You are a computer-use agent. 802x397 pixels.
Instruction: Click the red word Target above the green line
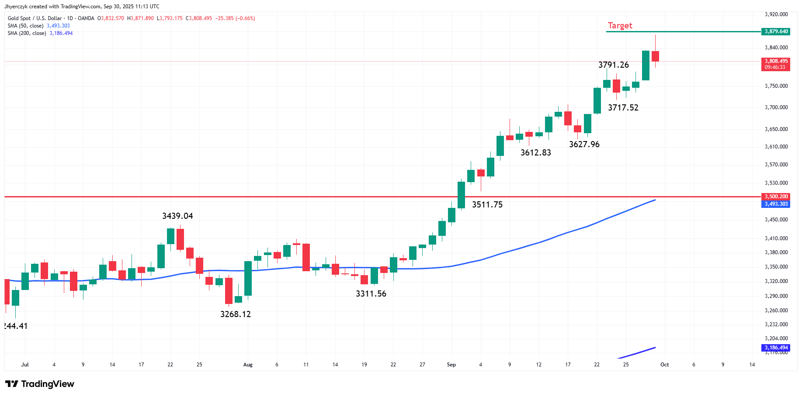[620, 26]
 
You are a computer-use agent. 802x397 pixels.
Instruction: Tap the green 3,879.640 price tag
[776, 31]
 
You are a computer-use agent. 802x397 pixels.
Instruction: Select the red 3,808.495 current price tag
[776, 61]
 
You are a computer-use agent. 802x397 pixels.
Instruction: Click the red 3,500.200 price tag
[776, 197]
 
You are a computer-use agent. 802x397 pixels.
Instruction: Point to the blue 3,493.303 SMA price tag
[776, 204]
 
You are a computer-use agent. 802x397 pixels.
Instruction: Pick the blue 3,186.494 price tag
[776, 348]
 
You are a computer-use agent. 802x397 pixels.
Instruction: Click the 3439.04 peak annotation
[177, 216]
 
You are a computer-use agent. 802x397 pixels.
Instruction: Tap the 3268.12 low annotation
[236, 314]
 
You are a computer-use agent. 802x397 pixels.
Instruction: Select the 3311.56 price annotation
[371, 294]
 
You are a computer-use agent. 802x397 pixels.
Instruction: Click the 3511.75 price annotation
[487, 204]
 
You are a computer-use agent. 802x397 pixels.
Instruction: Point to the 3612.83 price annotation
[536, 152]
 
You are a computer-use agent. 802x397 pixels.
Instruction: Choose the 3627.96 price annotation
[584, 144]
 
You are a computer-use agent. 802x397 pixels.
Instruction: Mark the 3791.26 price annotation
[614, 65]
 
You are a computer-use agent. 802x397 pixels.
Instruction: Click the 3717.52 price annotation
[623, 107]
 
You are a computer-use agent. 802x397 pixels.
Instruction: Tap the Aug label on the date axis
[248, 365]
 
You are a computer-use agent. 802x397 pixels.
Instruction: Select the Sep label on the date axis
[451, 365]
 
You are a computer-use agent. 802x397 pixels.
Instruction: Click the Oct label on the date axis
[664, 365]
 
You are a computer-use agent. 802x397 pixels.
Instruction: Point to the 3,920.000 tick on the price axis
[776, 14]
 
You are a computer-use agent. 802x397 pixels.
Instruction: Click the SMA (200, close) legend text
[27, 33]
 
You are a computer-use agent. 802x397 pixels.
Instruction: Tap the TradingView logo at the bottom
[40, 384]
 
